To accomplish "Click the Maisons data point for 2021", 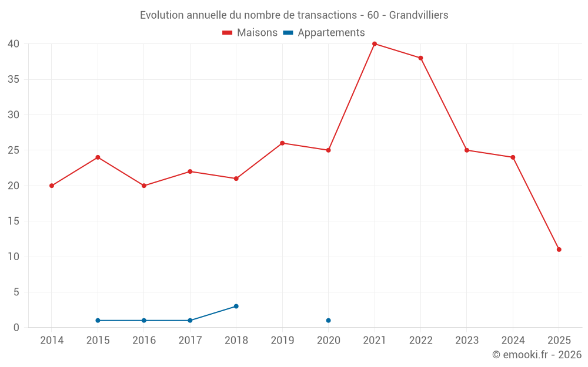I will coord(375,44).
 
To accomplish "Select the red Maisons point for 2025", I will coord(559,250).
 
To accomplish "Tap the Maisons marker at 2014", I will coord(52,186).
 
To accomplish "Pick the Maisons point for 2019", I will coord(282,143).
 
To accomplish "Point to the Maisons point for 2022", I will coord(420,58).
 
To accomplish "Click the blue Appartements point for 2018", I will coord(236,306).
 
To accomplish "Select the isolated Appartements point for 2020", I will coord(328,321).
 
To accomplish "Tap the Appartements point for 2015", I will coord(98,321).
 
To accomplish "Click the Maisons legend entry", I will coord(250,33).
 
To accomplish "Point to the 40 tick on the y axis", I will coord(14,44).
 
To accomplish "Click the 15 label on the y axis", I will coord(14,221).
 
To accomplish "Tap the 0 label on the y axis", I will coord(16,328).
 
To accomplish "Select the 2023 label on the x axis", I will coord(466,341).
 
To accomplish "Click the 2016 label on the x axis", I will coord(143,341).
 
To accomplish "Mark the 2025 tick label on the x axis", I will coord(559,341).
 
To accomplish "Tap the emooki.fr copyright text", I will coord(536,355).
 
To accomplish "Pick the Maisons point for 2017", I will coord(190,171).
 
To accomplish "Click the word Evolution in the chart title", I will coord(162,15).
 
